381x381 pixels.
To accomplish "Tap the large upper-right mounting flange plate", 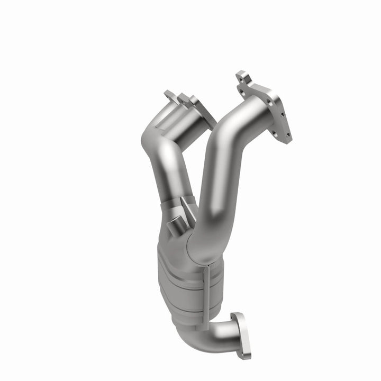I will [270, 105].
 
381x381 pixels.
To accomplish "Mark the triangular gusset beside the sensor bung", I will [185, 209].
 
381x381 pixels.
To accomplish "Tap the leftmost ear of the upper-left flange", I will [168, 95].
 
